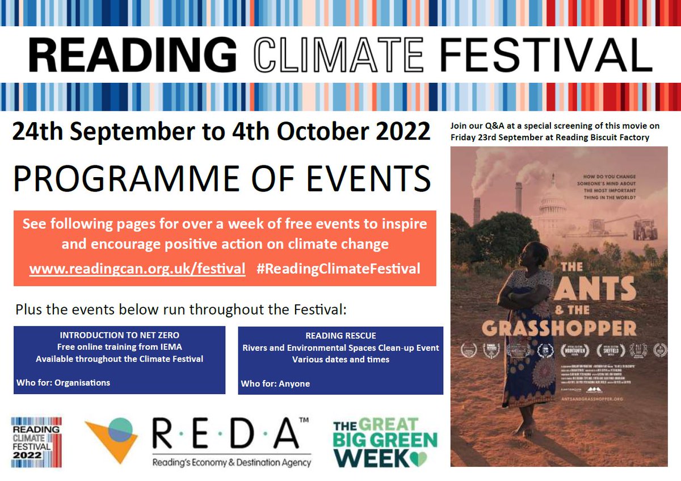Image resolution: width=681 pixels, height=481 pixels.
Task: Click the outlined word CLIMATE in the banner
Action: click(338, 56)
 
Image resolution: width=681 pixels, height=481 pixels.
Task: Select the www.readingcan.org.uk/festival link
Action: click(137, 269)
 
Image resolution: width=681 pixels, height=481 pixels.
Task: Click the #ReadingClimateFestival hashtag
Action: click(338, 269)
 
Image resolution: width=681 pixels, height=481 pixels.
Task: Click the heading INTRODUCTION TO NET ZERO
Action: click(119, 335)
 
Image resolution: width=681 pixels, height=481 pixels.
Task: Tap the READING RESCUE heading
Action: click(340, 336)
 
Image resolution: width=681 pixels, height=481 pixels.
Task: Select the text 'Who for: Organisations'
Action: click(63, 382)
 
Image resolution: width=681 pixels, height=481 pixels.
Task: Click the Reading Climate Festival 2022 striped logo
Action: click(36, 442)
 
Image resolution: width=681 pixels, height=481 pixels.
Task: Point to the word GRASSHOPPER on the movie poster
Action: click(559, 328)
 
